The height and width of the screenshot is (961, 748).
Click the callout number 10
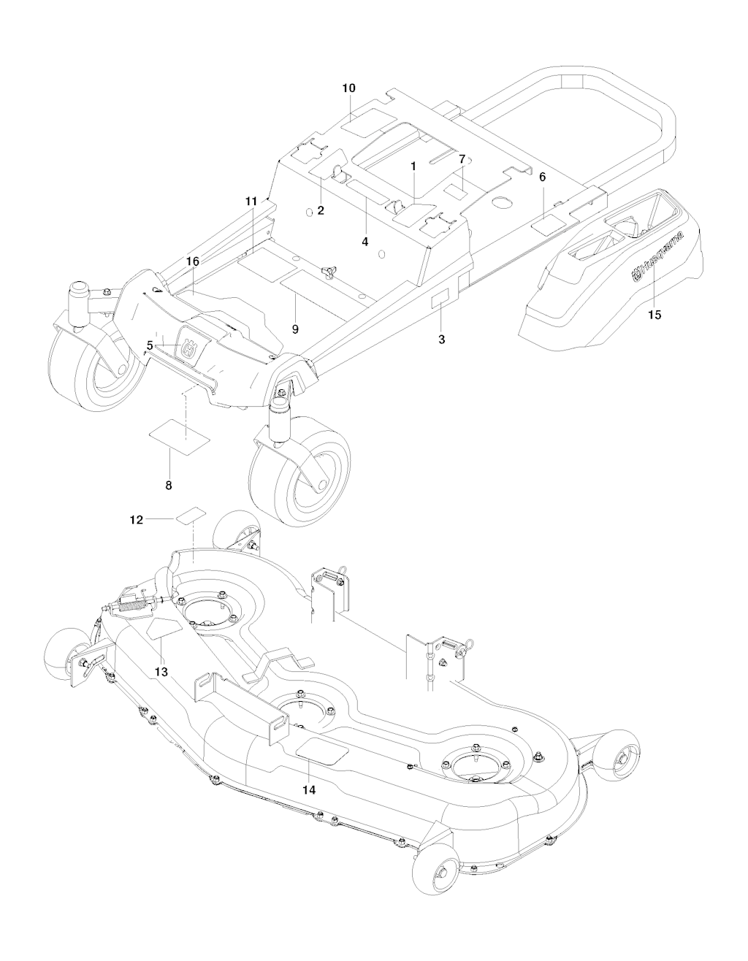tap(348, 88)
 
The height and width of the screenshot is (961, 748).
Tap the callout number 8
tap(169, 484)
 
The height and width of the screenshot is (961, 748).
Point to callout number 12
tap(137, 519)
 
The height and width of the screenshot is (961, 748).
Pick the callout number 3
tap(442, 339)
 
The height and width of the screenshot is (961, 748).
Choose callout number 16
tap(192, 261)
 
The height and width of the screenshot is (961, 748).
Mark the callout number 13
tap(161, 670)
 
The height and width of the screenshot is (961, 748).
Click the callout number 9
tap(295, 329)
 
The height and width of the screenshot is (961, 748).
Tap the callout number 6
tap(542, 177)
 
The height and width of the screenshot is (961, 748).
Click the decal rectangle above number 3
tap(443, 301)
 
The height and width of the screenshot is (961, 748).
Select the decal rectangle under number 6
tap(548, 223)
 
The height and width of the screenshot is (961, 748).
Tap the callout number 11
tap(251, 200)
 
